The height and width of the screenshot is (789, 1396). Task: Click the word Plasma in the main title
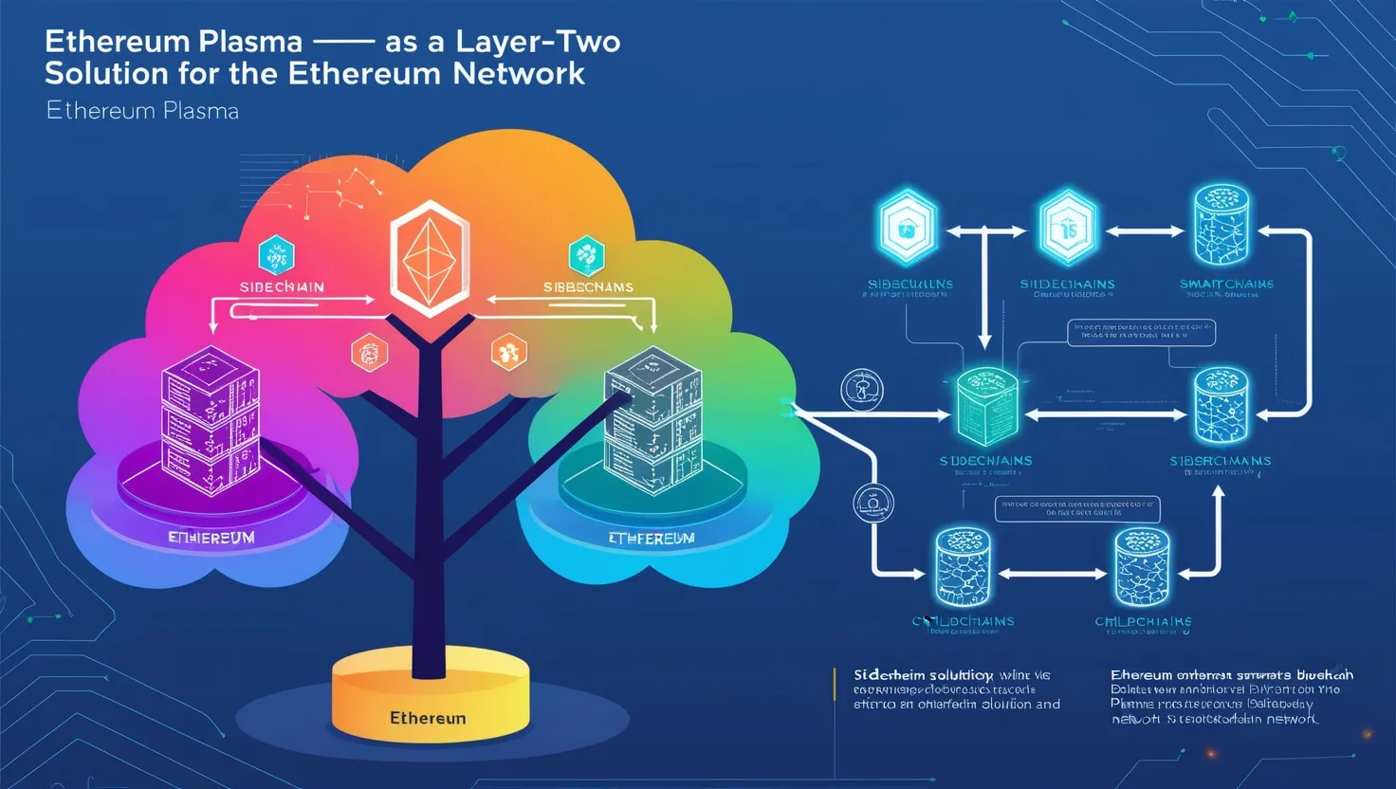[242, 43]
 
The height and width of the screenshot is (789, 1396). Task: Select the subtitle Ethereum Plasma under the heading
[142, 111]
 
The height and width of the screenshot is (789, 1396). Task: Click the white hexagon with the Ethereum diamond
[430, 258]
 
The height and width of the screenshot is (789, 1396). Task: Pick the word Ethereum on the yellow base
[428, 718]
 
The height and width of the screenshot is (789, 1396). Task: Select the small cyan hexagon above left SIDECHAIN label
[276, 255]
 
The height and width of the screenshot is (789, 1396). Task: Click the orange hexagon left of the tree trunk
[369, 353]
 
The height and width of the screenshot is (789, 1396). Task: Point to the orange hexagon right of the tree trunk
[508, 352]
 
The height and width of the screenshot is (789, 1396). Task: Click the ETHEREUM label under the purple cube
[211, 538]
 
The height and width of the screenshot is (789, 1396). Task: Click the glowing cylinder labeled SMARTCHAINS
[1221, 225]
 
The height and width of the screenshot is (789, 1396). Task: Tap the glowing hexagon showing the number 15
[1068, 228]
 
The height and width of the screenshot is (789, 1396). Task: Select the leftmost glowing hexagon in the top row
[908, 228]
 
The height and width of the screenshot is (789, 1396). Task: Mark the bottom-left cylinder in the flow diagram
[963, 567]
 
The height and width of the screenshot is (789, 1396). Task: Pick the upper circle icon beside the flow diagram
[862, 389]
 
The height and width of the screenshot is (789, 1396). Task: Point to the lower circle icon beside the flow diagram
[872, 503]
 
